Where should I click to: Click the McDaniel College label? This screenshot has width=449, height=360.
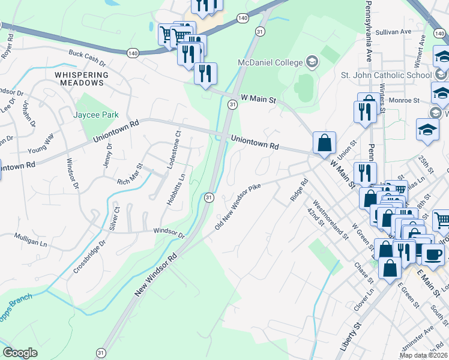pos(271,62)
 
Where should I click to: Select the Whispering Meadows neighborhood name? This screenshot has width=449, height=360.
pos(82,79)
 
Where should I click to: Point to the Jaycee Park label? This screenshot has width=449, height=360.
pos(95,115)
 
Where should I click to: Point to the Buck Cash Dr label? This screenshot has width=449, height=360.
pos(87,58)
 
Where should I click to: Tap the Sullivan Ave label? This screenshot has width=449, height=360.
pos(393,31)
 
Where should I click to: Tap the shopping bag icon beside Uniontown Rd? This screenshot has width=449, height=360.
pos(324,144)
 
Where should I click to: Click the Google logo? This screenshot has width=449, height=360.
pos(20,353)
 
